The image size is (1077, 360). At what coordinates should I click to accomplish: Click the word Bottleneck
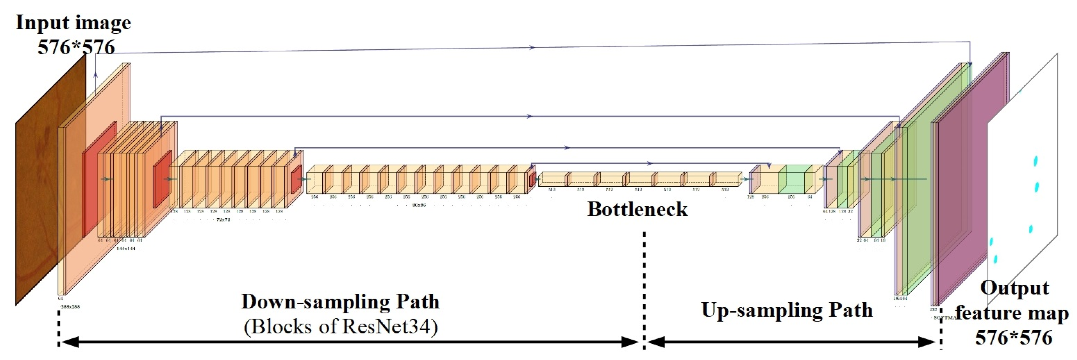point(637,209)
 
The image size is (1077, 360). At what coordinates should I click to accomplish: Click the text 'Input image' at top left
point(73,23)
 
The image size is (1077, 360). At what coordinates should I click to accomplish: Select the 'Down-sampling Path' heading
point(340,301)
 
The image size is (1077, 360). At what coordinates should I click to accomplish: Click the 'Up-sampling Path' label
point(787,310)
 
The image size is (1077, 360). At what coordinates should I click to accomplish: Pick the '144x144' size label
point(125,248)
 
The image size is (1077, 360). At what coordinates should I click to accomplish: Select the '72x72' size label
point(223,219)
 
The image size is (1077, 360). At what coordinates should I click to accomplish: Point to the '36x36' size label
point(419,205)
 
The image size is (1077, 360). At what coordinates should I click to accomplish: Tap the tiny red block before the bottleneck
point(533,180)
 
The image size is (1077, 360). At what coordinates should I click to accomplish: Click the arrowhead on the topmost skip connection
point(532,48)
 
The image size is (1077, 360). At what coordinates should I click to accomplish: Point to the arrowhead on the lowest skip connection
point(649,163)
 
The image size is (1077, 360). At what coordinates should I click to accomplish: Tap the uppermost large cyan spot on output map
point(1036,161)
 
